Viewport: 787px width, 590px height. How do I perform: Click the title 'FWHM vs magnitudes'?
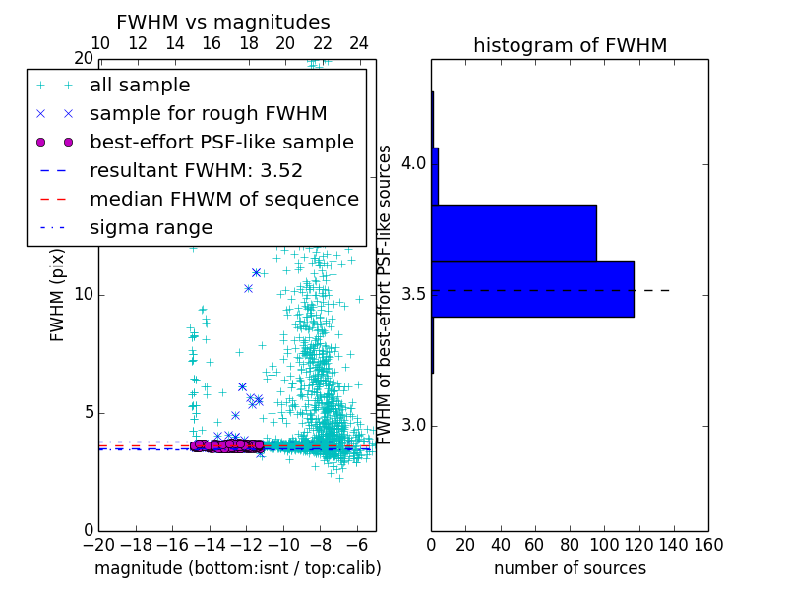click(x=223, y=22)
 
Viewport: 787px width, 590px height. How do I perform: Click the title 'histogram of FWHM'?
click(x=570, y=45)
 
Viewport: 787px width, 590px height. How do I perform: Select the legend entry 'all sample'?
click(x=140, y=86)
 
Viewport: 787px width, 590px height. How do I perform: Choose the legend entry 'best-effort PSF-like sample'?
click(x=221, y=142)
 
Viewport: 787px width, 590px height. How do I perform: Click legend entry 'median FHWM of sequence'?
click(x=224, y=199)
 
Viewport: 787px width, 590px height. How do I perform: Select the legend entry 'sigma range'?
click(x=151, y=227)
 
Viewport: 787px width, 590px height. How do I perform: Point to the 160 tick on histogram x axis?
click(x=707, y=543)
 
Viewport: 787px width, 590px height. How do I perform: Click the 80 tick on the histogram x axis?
click(x=570, y=543)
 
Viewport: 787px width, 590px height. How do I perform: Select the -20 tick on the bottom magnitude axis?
click(x=98, y=543)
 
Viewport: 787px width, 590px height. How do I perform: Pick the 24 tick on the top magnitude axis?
click(x=359, y=43)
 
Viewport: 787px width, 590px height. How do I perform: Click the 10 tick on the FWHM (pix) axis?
click(x=83, y=295)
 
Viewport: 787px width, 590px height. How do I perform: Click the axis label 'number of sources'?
click(x=570, y=568)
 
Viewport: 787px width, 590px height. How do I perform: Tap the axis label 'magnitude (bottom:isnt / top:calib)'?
click(x=237, y=568)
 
